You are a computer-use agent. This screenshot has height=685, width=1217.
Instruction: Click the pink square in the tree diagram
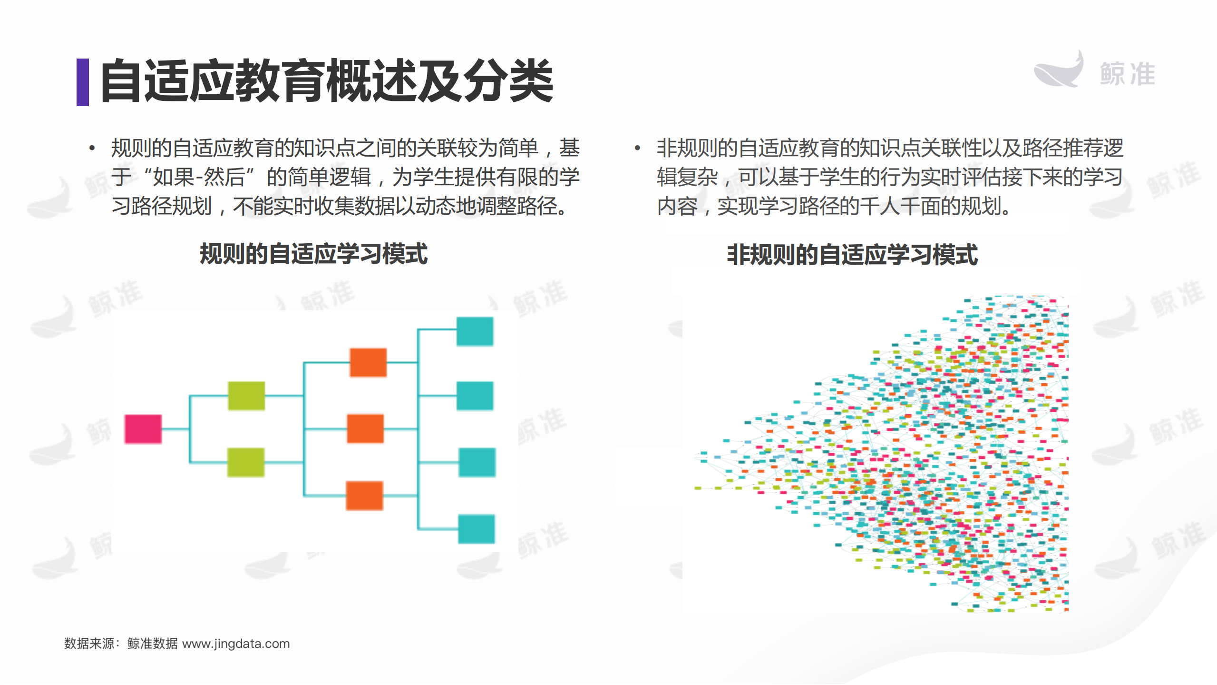[143, 429]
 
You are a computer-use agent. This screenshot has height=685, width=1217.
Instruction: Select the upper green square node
[246, 396]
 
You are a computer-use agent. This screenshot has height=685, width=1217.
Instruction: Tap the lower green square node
[246, 462]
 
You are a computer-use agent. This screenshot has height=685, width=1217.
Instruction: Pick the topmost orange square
[368, 362]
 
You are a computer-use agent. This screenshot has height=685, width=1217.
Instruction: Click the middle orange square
[365, 428]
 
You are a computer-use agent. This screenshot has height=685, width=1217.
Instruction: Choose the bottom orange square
[365, 496]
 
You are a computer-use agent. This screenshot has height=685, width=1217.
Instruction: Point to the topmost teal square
[475, 331]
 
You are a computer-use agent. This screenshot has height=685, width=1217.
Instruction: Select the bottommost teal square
[476, 529]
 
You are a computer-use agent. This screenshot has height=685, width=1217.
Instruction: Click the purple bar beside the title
[83, 82]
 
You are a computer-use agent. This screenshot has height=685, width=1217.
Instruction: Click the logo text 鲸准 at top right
[1127, 74]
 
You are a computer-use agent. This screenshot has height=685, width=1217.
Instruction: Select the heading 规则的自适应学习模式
[314, 254]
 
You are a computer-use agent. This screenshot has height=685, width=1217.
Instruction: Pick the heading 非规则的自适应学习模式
[852, 255]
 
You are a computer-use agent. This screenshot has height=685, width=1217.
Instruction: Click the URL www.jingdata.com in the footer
[236, 644]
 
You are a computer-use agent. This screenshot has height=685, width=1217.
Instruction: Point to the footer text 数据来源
[89, 644]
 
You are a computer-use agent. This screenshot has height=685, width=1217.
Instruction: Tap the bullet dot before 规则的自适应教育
[92, 148]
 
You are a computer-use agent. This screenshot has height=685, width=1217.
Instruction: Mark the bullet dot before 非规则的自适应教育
[637, 148]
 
